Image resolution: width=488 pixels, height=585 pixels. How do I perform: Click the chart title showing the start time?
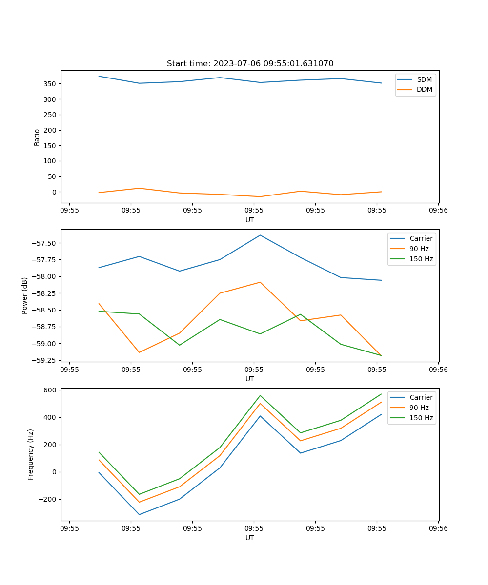tap(250, 64)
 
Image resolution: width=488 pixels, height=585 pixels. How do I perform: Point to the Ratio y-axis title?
tap(37, 137)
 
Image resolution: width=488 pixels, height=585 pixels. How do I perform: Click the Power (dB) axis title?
tap(25, 295)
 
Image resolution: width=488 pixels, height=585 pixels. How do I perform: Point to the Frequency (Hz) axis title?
tap(31, 454)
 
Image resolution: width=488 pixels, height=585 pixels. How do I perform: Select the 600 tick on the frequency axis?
tap(51, 390)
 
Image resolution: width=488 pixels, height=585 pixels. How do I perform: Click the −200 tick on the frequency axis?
tap(48, 499)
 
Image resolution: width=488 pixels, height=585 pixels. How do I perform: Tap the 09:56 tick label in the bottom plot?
tap(438, 528)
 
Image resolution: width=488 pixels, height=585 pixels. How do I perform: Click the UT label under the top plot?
tap(250, 220)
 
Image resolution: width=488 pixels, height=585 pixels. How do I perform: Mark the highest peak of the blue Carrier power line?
tap(260, 235)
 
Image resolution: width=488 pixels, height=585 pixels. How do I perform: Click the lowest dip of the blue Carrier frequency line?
tap(139, 514)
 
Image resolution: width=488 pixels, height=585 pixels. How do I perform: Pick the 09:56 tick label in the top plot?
tap(438, 211)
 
